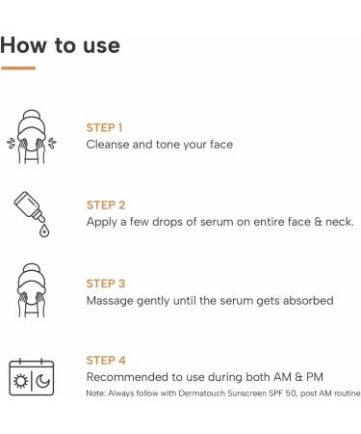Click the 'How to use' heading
pos(62,45)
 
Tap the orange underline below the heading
pos(18,68)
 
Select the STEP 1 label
pos(106,126)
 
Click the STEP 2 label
pos(106,204)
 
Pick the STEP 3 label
pos(106,284)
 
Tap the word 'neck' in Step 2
pos(336,222)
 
